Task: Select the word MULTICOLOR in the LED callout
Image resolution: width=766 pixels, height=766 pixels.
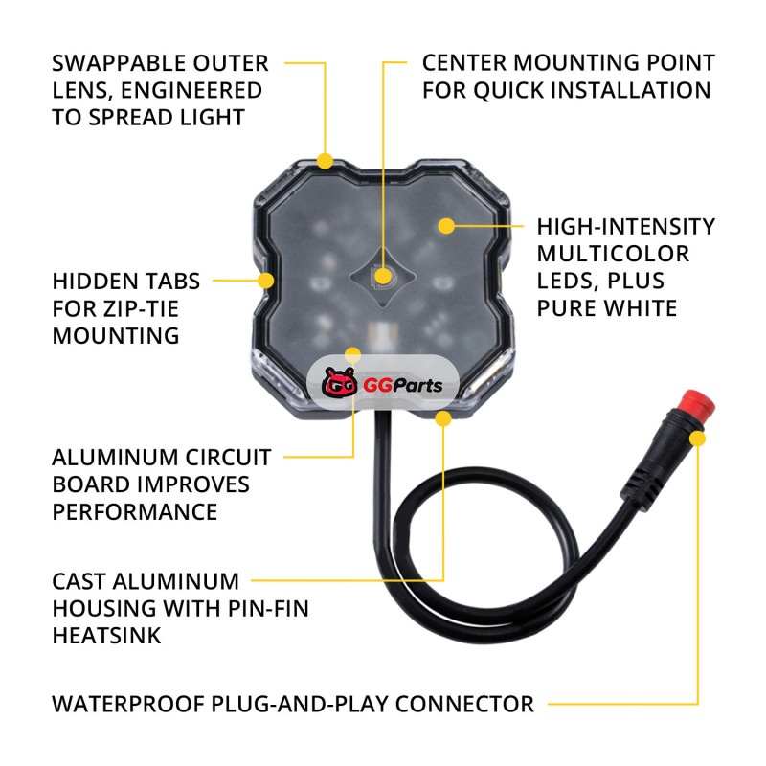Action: click(613, 254)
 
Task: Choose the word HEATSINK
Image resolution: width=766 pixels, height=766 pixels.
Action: click(106, 636)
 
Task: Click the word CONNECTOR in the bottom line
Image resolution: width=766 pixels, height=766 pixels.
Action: click(464, 704)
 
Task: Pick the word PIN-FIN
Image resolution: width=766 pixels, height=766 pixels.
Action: click(268, 609)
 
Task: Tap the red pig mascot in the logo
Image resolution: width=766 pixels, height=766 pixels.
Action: click(339, 382)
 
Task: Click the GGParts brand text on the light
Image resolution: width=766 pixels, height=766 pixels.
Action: click(402, 386)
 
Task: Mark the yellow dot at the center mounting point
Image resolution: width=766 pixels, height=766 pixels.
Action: click(384, 276)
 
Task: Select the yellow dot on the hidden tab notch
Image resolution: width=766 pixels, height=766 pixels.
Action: click(266, 281)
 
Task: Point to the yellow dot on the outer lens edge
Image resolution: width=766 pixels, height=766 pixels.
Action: click(325, 161)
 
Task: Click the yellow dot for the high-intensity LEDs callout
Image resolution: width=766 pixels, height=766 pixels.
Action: click(446, 226)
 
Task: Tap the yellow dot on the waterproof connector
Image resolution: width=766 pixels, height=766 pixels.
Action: click(698, 439)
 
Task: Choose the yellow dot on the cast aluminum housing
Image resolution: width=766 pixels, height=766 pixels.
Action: click(443, 418)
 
